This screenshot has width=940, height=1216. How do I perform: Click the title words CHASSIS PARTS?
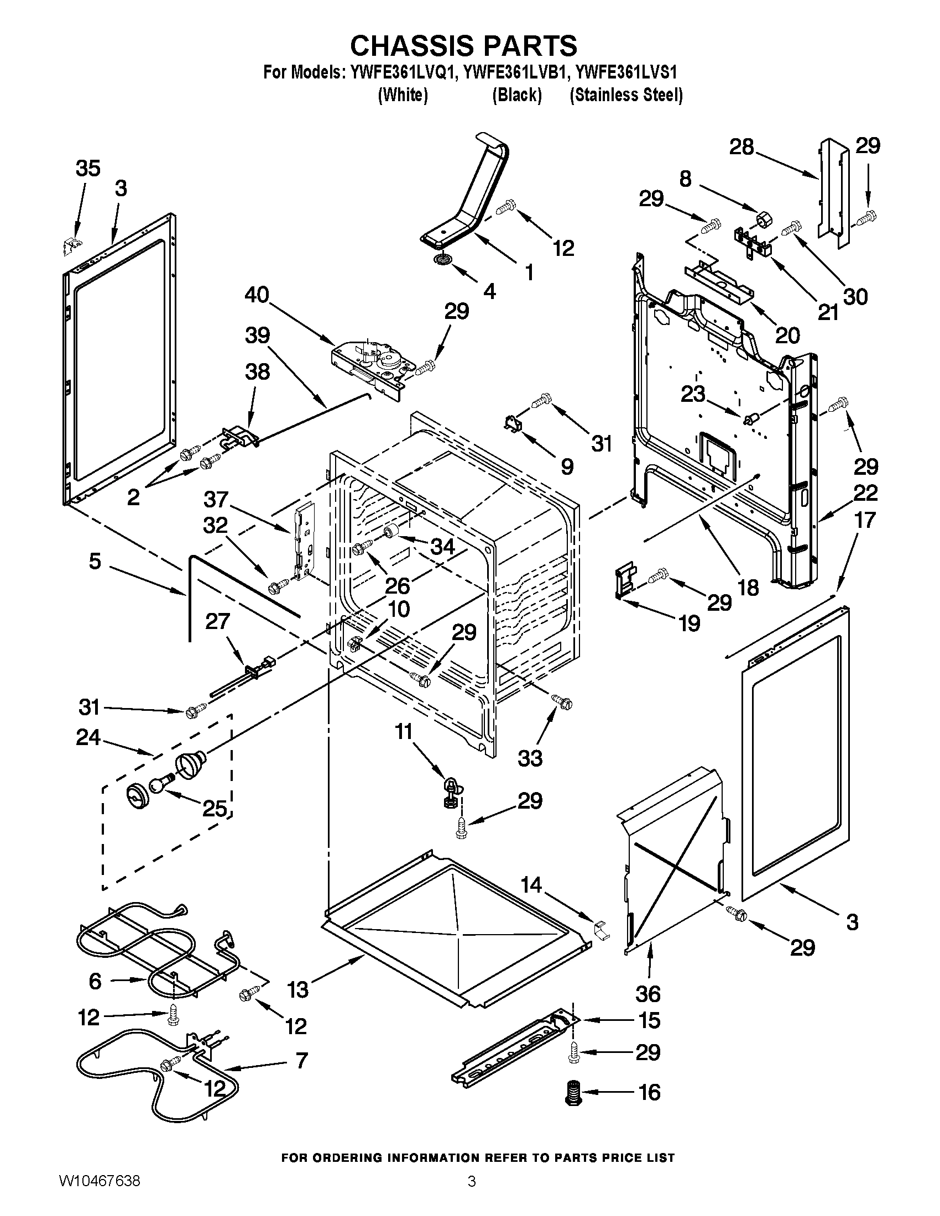(463, 45)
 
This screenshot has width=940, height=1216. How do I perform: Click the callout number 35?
(88, 168)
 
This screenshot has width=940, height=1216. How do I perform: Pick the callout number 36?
(647, 993)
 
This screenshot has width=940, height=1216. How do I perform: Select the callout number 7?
(301, 1061)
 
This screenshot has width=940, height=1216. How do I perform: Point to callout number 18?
(749, 587)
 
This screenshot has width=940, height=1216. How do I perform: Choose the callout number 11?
(404, 731)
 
